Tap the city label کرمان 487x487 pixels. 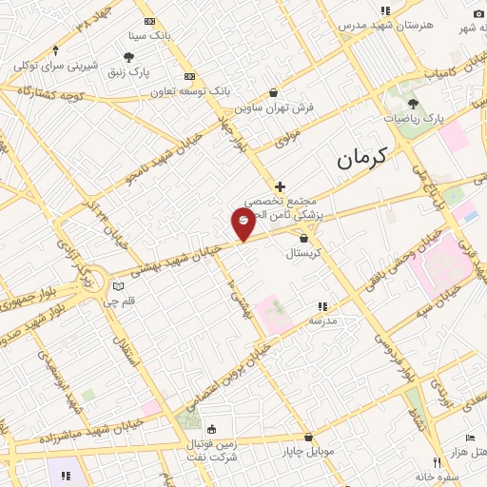click(x=362, y=159)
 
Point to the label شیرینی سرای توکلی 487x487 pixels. click(x=54, y=67)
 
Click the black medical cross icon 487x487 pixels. click(x=280, y=186)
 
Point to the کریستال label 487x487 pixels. click(x=304, y=254)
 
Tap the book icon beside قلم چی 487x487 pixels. click(x=118, y=286)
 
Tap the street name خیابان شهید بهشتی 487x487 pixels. click(x=182, y=257)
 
